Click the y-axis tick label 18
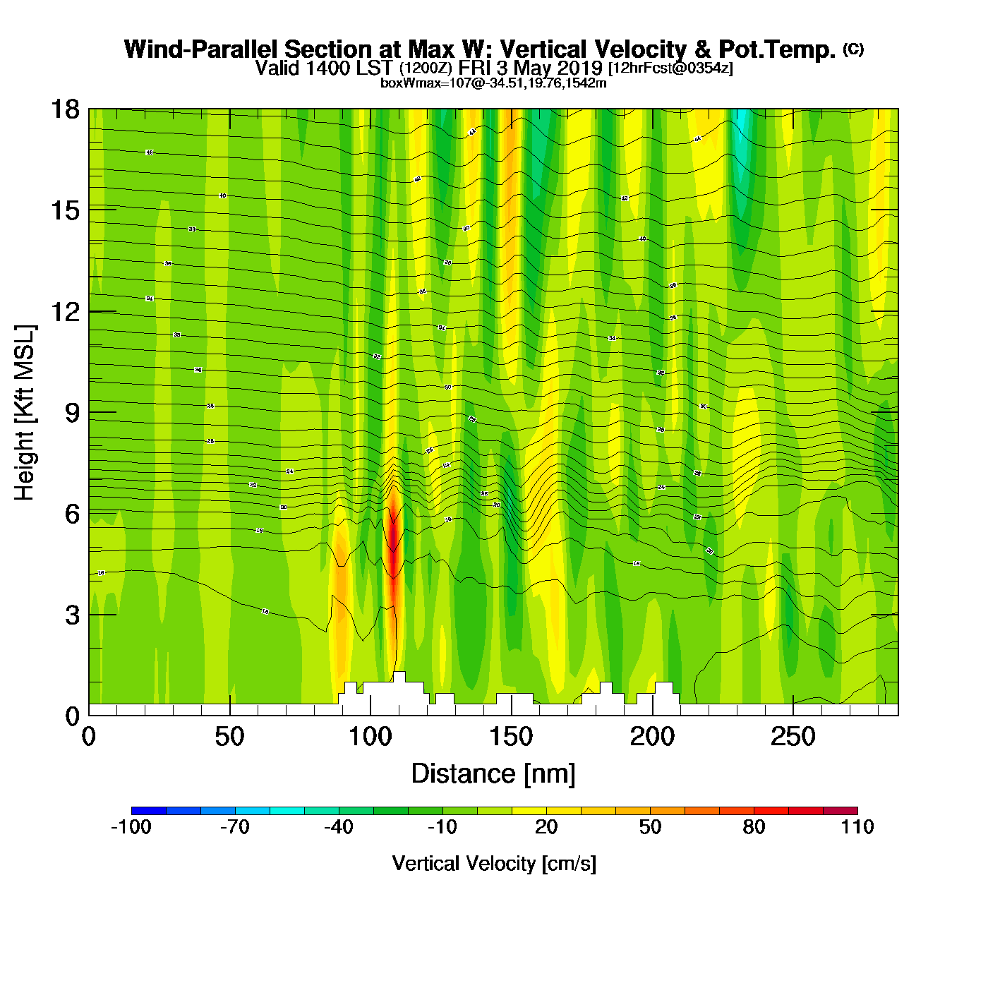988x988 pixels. tap(64, 109)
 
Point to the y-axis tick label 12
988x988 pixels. tap(64, 311)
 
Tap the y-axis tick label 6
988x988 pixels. tap(72, 514)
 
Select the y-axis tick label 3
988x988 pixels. tap(72, 615)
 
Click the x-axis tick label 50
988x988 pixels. tap(229, 737)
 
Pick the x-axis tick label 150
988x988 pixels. tap(511, 737)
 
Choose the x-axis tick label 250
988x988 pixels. tap(793, 737)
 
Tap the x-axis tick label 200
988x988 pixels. tap(652, 737)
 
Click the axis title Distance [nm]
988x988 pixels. tap(493, 774)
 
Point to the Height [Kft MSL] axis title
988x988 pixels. tap(25, 413)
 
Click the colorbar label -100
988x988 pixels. tap(131, 827)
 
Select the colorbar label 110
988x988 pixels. tap(857, 827)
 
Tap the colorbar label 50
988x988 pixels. tap(650, 827)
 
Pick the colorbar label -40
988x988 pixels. tap(339, 827)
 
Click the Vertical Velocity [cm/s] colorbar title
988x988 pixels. tap(493, 863)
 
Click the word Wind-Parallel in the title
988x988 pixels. tap(202, 49)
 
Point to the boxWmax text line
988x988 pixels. tap(493, 83)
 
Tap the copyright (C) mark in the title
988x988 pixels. tap(853, 49)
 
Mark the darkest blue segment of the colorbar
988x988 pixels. tap(148, 811)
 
